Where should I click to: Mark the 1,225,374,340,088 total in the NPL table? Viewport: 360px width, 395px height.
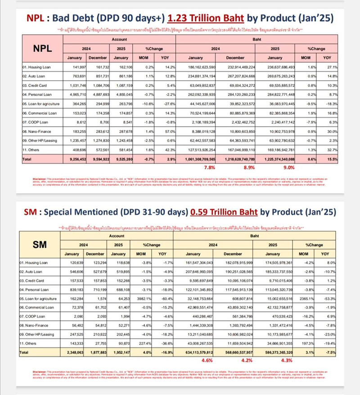coord(275,159)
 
